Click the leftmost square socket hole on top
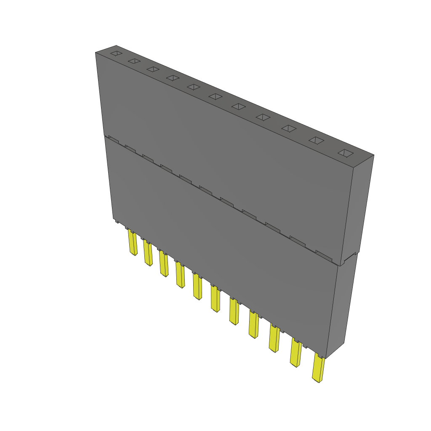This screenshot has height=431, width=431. (x=116, y=53)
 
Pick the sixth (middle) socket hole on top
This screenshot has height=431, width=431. (x=215, y=96)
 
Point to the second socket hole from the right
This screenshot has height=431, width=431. (x=317, y=141)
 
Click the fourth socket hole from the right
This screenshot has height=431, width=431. (x=263, y=117)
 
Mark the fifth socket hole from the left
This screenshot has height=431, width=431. (x=193, y=87)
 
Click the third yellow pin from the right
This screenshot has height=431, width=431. (x=274, y=338)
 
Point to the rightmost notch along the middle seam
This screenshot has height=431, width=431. (x=324, y=254)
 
